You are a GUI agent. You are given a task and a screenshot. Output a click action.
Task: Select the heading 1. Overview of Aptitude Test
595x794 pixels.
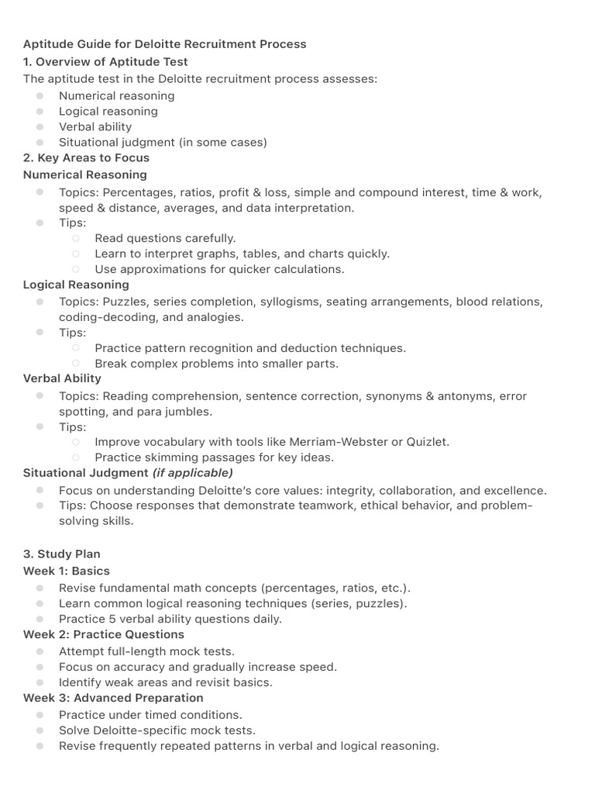point(105,61)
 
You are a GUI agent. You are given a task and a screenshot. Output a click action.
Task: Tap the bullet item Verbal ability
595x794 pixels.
point(95,126)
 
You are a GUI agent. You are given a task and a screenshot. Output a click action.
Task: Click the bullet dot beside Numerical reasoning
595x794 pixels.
point(40,95)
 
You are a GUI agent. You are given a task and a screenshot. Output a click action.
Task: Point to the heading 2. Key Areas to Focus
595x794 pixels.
point(86,157)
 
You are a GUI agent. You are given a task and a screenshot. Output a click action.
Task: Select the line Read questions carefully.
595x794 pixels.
point(165,238)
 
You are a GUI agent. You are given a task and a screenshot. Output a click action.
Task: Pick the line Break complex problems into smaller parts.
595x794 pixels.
point(216,363)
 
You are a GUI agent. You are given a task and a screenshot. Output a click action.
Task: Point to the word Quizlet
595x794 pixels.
point(428,442)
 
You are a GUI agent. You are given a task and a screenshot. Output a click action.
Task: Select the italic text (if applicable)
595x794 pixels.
point(192,472)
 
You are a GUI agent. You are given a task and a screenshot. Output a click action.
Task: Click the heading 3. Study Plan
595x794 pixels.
point(61,554)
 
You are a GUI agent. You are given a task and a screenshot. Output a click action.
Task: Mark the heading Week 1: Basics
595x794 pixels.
point(66,571)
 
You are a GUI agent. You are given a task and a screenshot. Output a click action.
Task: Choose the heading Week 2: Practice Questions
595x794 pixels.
point(103,634)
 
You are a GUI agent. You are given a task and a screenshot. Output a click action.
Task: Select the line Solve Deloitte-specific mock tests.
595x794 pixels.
point(156,730)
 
